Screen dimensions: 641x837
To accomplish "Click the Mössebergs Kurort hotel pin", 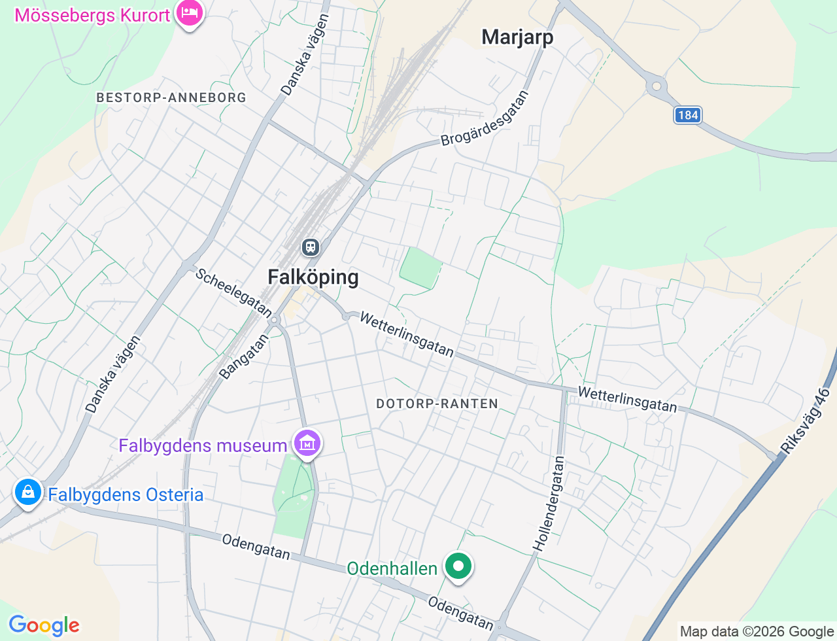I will click(190, 13).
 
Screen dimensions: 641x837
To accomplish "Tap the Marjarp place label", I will click(517, 37).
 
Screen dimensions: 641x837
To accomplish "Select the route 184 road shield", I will click(688, 115).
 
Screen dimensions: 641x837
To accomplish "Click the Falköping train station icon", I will click(310, 247).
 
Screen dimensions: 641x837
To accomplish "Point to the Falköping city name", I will click(313, 277).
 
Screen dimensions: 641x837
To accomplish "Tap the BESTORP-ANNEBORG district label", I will click(171, 97).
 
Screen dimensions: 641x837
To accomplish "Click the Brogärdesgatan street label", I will click(485, 119).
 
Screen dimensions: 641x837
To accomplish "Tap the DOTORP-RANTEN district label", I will click(437, 404).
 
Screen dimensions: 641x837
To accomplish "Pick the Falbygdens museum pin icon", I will click(307, 443).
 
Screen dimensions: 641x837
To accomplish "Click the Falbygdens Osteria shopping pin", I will click(28, 493).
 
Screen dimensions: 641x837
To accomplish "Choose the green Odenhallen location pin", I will click(458, 566).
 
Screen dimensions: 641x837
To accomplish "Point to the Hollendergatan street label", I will click(549, 503).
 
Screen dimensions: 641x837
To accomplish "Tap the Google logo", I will click(44, 625).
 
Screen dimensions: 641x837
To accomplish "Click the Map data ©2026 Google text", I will click(757, 631).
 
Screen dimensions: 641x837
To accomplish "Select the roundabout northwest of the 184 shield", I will click(656, 86).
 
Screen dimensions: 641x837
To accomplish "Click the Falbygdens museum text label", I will click(203, 446).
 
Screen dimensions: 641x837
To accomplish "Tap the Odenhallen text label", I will click(392, 568).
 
